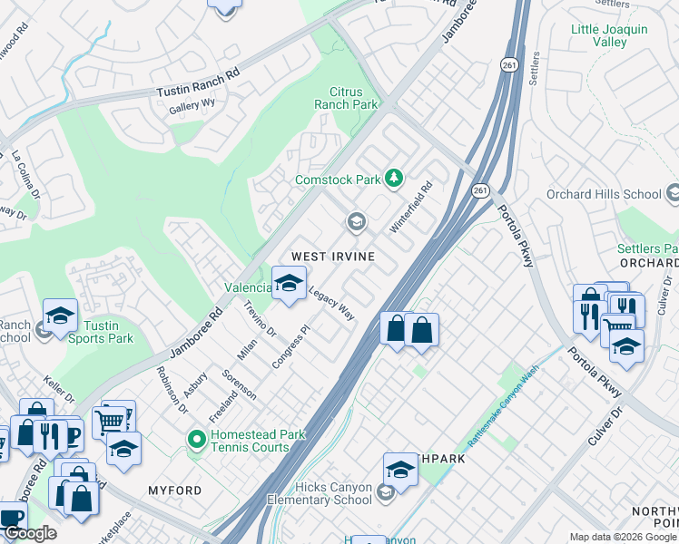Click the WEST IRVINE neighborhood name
[332, 257]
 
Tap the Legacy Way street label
[331, 304]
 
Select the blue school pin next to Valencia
[289, 283]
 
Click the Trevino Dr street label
[259, 319]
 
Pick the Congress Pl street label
[290, 348]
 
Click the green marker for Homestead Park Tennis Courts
[196, 441]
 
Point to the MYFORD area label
[175, 491]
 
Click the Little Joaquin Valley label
[609, 35]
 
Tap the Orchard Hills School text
[604, 194]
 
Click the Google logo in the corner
[29, 533]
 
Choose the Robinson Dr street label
[172, 390]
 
